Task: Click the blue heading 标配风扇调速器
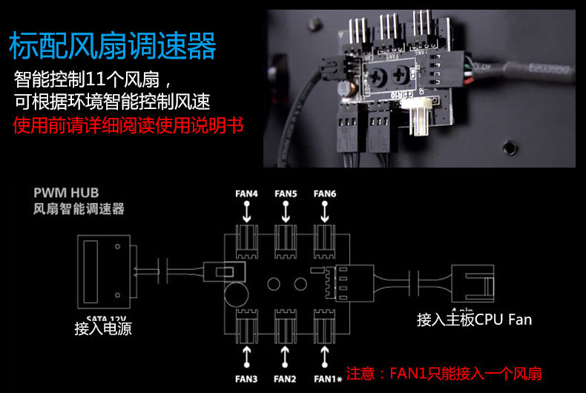[112, 46]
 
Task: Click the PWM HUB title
[66, 194]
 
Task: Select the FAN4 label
[246, 194]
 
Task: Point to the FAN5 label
[286, 194]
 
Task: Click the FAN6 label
[325, 194]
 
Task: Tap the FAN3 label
[246, 379]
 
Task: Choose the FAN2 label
[286, 379]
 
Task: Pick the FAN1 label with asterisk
[326, 379]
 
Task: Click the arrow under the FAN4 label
[246, 213]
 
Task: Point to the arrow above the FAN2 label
[286, 356]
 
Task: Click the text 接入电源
[103, 328]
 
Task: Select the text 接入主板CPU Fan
[475, 320]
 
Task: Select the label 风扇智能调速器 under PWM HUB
[79, 210]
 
